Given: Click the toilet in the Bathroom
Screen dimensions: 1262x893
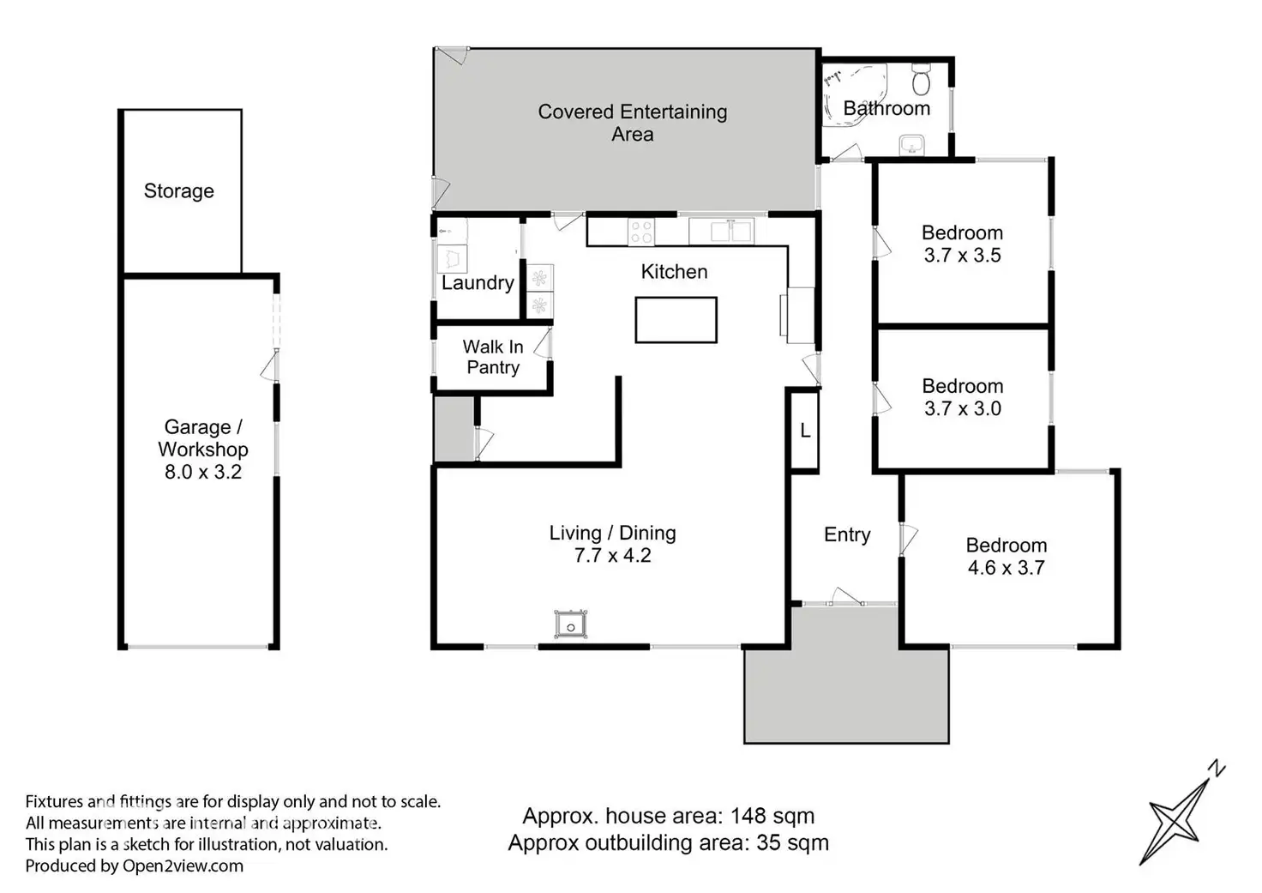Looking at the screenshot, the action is (x=921, y=80).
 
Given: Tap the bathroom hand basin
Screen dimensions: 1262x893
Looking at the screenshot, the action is (x=911, y=145).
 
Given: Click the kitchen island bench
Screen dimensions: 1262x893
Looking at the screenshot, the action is (x=676, y=320).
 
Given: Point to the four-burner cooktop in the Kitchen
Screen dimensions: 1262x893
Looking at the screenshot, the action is (x=641, y=232).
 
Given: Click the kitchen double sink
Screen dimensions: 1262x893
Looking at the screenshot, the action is (x=730, y=232).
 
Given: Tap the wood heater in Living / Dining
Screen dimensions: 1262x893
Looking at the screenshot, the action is (x=571, y=624).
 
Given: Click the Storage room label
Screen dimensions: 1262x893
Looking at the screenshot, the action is (x=178, y=191).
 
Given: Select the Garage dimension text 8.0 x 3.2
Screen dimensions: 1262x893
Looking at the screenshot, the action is (x=203, y=472).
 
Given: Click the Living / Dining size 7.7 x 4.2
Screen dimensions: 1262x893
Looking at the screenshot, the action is (x=612, y=555).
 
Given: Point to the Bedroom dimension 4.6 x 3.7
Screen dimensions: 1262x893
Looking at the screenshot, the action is (x=1007, y=567).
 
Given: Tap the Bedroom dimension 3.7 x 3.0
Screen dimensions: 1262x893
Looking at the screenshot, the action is (x=963, y=408).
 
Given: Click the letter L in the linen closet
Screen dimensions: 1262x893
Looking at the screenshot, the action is (x=805, y=431).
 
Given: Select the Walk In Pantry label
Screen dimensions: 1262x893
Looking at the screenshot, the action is (x=493, y=357).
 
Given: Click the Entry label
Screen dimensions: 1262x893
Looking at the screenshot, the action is (x=847, y=534).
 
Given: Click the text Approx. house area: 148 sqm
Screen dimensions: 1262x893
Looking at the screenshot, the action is (x=668, y=816).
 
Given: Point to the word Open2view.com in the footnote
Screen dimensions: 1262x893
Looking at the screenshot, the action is (x=183, y=866).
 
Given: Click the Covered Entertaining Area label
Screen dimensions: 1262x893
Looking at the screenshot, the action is (x=632, y=123).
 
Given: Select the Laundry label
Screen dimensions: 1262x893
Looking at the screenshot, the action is (x=478, y=283).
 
